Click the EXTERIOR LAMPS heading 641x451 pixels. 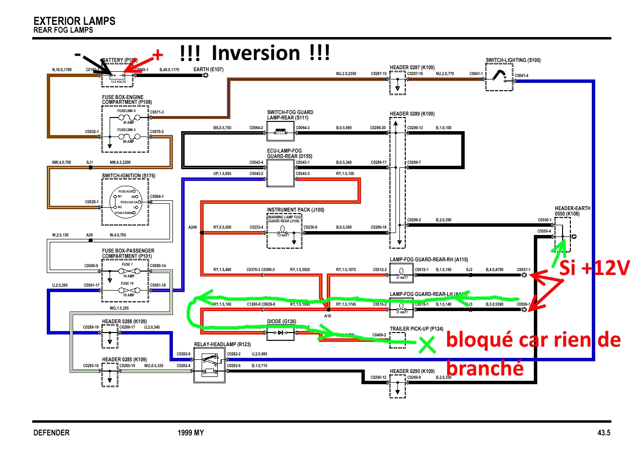point(74,21)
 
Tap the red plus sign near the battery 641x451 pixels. point(157,55)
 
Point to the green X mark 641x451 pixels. point(427,345)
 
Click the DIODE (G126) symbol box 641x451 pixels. point(281,333)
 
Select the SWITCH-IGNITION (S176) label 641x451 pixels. point(129,176)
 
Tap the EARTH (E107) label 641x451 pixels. point(208,69)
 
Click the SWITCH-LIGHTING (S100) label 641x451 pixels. point(513,60)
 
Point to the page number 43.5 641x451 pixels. point(604,432)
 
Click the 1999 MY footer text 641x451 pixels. point(190,432)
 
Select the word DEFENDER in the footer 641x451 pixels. point(51,432)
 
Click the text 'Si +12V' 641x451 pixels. point(594,268)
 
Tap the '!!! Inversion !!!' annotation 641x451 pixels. point(255,53)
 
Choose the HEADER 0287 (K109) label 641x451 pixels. point(412,67)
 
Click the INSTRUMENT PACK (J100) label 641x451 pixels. point(295,210)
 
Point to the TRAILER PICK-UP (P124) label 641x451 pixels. point(416,329)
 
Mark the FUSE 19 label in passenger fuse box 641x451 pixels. point(127,283)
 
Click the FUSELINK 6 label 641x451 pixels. point(127,111)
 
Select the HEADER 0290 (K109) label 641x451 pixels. point(412,371)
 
